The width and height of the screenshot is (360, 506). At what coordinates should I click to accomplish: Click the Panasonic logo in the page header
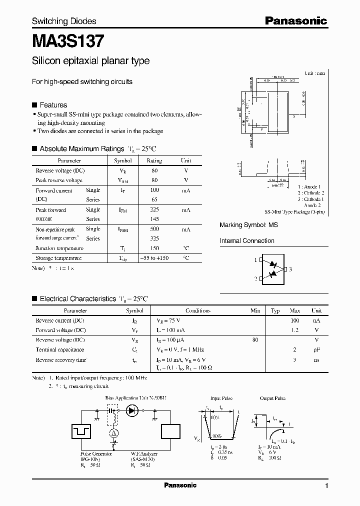click(295, 21)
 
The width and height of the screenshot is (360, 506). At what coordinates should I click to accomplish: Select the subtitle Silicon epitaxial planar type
click(90, 61)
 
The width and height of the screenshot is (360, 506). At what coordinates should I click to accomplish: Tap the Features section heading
click(53, 105)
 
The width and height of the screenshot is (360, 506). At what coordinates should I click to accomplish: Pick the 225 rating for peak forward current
click(154, 210)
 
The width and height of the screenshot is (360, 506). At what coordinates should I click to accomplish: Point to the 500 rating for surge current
click(154, 229)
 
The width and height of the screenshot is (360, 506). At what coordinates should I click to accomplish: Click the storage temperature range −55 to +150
click(154, 258)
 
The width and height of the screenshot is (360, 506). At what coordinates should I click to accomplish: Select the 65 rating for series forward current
click(154, 199)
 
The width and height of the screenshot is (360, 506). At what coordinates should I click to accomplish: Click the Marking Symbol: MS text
click(248, 225)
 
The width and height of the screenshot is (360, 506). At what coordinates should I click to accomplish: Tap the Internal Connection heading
click(247, 240)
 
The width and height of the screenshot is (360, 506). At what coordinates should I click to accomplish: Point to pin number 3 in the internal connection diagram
click(290, 269)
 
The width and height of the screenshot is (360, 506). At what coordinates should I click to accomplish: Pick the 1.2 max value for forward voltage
click(295, 330)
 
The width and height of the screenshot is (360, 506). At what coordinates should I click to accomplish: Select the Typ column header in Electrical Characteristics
click(275, 310)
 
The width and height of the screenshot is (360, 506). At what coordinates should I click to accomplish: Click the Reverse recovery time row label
click(61, 359)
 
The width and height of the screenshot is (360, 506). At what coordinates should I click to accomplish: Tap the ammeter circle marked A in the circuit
click(113, 432)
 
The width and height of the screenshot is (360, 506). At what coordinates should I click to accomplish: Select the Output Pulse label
click(272, 398)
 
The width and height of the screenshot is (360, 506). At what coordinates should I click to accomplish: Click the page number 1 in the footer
click(326, 485)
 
